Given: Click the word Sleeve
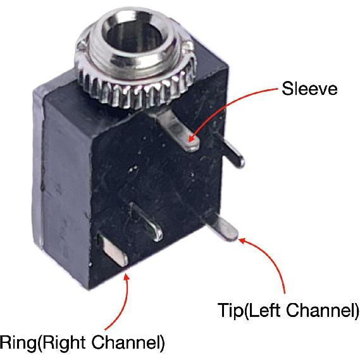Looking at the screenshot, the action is click(309, 89).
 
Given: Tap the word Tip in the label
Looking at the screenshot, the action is click(230, 310).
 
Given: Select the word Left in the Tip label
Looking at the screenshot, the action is click(264, 310).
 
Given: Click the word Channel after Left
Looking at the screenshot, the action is click(320, 310).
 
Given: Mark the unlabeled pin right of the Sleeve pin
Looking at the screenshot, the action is click(232, 152).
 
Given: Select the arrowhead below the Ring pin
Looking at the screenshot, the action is click(126, 277).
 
